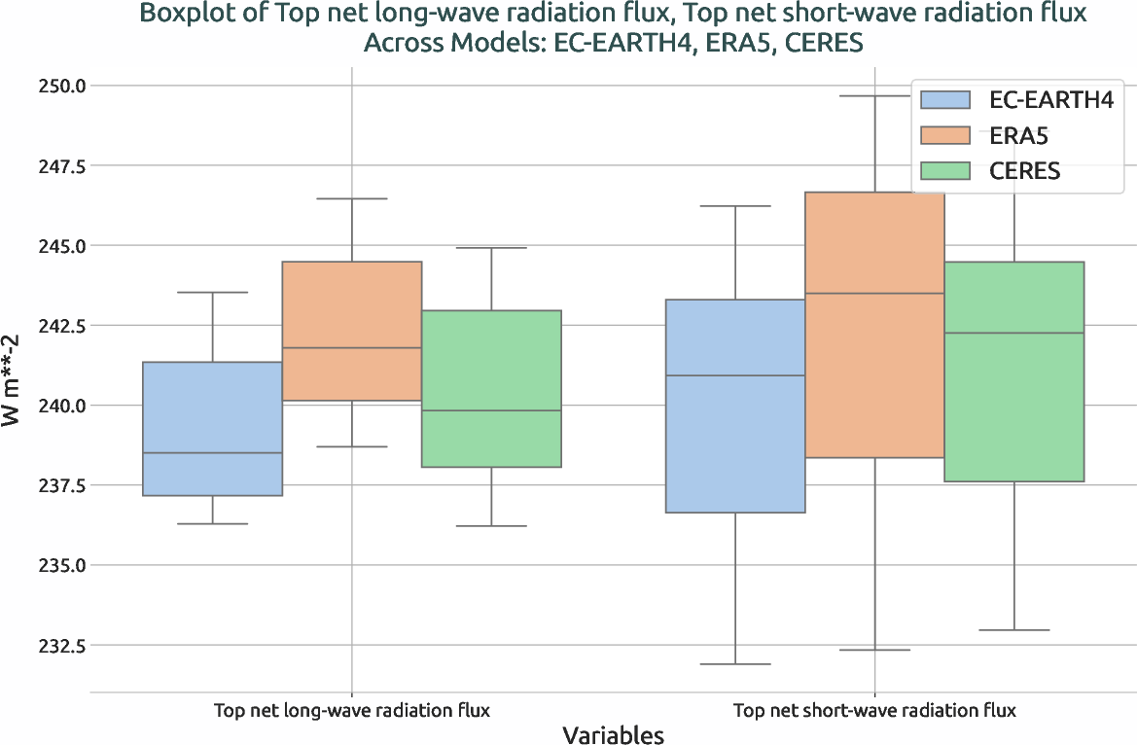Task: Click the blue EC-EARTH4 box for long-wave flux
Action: (212, 428)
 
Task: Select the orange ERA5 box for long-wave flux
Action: (351, 331)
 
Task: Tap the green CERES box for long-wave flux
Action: (491, 389)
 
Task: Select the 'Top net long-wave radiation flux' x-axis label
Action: (351, 710)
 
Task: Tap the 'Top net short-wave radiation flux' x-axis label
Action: (874, 710)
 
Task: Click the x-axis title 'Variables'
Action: (613, 734)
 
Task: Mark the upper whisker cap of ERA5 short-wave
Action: (874, 96)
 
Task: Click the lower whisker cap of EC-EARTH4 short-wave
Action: (735, 664)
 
